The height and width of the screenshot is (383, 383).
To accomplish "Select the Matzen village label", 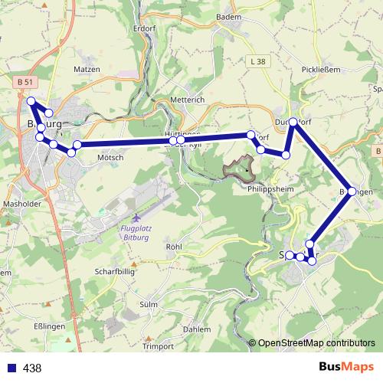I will pyautogui.click(x=87, y=69).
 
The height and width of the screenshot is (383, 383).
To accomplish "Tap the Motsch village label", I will pyautogui.click(x=110, y=158).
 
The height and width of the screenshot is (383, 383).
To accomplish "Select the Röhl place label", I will pyautogui.click(x=174, y=247).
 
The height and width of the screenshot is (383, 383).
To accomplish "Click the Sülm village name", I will pyautogui.click(x=149, y=304).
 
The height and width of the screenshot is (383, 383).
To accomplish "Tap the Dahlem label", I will pyautogui.click(x=198, y=329).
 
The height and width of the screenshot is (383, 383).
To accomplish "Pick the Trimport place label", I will pyautogui.click(x=159, y=347).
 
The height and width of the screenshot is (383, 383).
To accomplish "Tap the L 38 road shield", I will pyautogui.click(x=257, y=61).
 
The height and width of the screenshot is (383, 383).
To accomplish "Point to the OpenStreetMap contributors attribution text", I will pyautogui.click(x=316, y=343).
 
